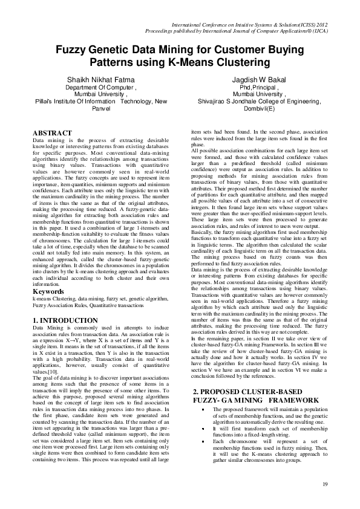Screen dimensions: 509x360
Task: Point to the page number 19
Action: coord(325,484)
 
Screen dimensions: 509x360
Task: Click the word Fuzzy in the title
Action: coord(71,51)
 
